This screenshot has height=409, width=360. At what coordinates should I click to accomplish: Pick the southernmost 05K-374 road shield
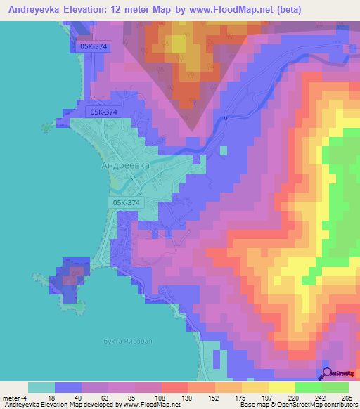click(126, 202)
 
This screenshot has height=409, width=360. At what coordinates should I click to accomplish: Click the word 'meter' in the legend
click(12, 397)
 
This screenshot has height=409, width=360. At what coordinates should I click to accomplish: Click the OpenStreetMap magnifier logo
click(328, 373)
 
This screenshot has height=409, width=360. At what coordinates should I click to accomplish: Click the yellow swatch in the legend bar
click(282, 387)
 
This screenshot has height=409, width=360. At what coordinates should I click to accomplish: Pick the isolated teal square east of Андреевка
click(224, 150)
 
